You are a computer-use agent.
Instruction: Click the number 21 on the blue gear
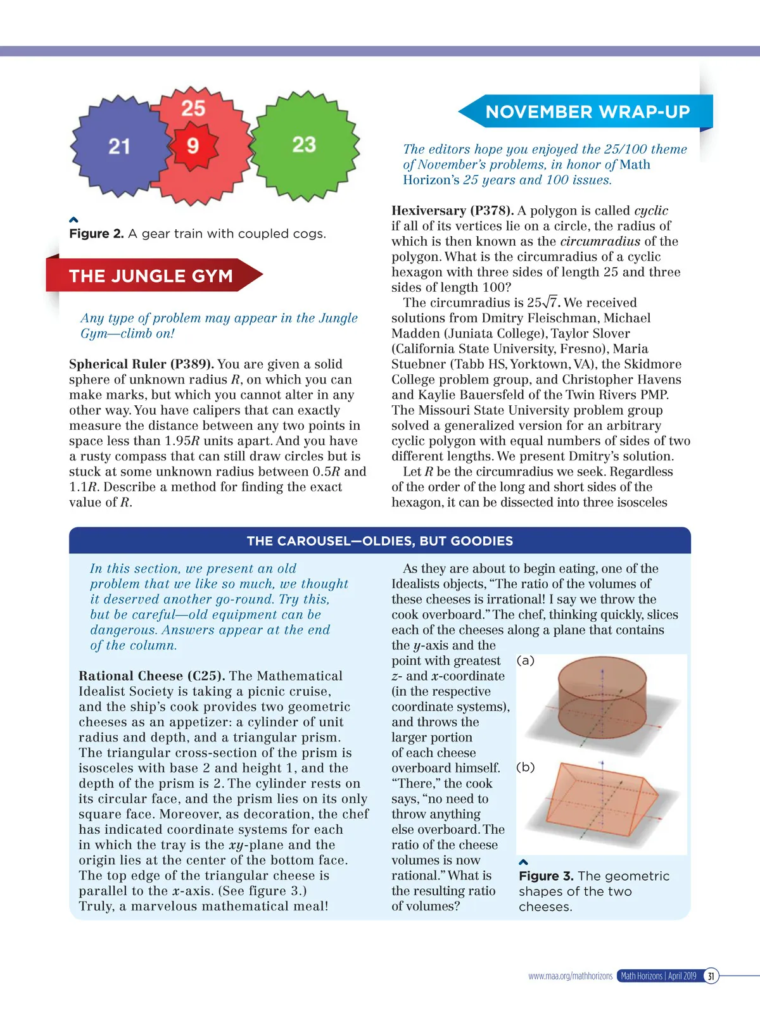tap(119, 147)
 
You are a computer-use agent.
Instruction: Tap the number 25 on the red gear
tap(193, 108)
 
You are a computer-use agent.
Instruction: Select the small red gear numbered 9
tap(193, 146)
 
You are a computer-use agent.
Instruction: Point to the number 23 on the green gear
tap(304, 144)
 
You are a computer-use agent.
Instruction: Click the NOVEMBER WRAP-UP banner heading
tap(587, 112)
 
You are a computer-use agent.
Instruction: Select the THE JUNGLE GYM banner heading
tap(151, 276)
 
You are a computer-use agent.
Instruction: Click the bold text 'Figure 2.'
tap(96, 234)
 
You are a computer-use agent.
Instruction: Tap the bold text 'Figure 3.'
tap(546, 876)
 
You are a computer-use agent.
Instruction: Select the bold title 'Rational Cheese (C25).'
tap(152, 676)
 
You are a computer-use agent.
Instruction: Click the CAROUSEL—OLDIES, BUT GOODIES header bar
tap(380, 541)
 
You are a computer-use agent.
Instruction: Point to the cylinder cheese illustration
tap(602, 696)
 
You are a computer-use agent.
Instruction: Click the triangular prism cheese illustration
tap(602, 804)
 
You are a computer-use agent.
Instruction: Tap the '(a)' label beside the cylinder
tap(526, 660)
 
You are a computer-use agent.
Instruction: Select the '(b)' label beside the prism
tap(526, 767)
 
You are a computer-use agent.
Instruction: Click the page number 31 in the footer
tap(711, 976)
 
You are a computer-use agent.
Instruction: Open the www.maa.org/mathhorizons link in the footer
tap(570, 976)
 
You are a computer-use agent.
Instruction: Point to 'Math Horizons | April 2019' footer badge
tap(659, 976)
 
